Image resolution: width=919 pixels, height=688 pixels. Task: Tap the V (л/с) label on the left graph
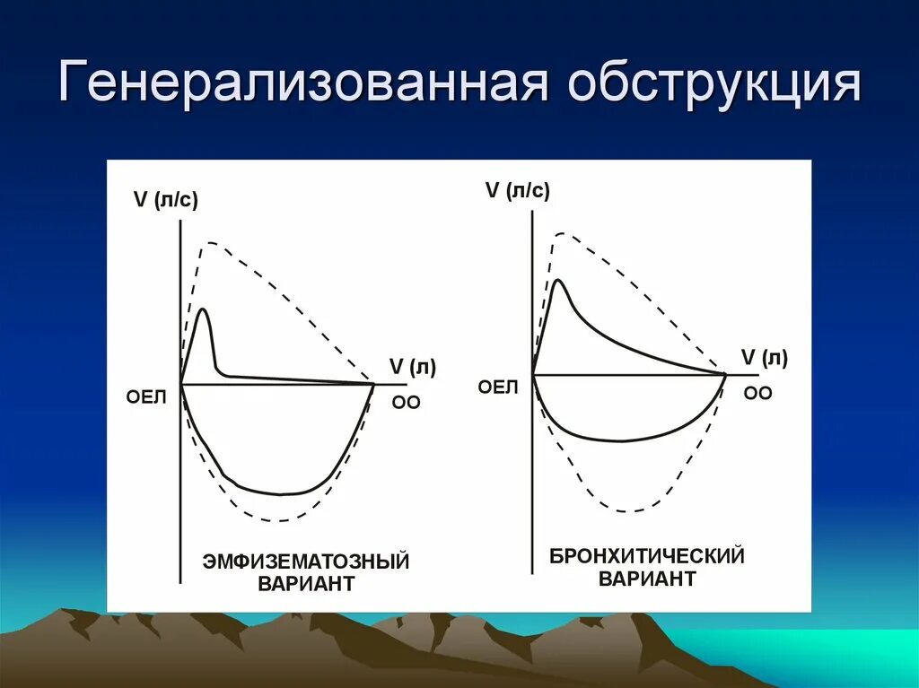pyautogui.click(x=166, y=200)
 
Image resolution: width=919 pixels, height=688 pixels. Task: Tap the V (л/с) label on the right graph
pyautogui.click(x=518, y=189)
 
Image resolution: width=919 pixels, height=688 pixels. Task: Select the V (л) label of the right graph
pyautogui.click(x=765, y=358)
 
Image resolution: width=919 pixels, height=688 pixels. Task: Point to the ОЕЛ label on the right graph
pyautogui.click(x=498, y=388)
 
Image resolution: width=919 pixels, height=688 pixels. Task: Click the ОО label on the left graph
pyautogui.click(x=407, y=403)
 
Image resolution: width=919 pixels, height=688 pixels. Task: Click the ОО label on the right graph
pyautogui.click(x=758, y=393)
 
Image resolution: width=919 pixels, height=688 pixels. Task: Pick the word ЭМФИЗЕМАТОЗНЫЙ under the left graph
pyautogui.click(x=306, y=562)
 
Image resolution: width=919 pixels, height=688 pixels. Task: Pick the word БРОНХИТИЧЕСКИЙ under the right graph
pyautogui.click(x=647, y=556)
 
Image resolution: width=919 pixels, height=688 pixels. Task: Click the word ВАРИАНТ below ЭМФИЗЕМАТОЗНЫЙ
pyautogui.click(x=306, y=584)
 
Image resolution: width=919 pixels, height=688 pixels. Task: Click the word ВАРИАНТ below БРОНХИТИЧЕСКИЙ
pyautogui.click(x=647, y=579)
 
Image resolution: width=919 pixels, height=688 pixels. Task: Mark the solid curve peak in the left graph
pyautogui.click(x=204, y=309)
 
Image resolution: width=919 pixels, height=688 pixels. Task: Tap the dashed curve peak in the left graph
pyautogui.click(x=211, y=242)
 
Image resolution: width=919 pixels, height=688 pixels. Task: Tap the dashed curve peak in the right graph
pyautogui.click(x=561, y=233)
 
